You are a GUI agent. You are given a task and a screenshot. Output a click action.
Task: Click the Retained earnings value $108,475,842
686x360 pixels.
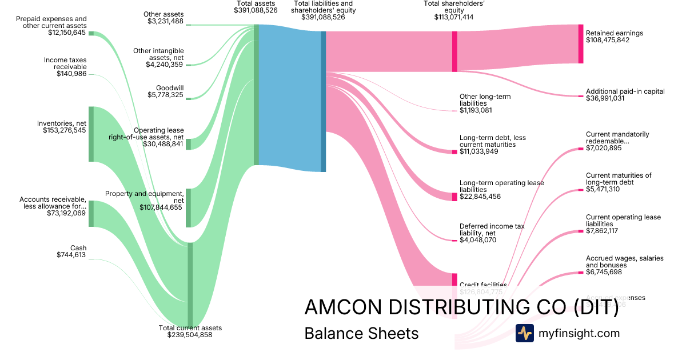tap(608, 41)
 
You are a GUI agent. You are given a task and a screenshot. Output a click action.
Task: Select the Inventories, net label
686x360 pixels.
tap(62, 123)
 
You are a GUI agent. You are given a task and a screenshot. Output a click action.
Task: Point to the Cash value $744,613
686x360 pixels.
tap(71, 255)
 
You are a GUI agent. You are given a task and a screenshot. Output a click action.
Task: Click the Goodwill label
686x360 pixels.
tap(170, 88)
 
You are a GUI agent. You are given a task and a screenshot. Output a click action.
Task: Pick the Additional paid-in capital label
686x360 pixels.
tap(625, 91)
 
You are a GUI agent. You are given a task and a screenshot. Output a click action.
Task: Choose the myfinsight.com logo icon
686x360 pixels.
tap(524, 333)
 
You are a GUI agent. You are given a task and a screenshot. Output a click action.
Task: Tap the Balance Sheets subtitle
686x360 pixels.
tap(361, 333)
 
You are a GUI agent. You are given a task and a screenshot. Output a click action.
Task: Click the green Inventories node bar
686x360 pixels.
tap(91, 134)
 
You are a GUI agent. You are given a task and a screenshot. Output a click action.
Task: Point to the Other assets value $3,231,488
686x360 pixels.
tap(165, 22)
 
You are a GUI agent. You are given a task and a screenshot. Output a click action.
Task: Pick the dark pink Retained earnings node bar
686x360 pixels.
tap(580, 43)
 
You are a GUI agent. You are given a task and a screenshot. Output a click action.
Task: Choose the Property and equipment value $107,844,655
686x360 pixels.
tap(161, 207)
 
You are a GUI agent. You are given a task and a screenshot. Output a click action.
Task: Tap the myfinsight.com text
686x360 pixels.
tap(579, 333)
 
